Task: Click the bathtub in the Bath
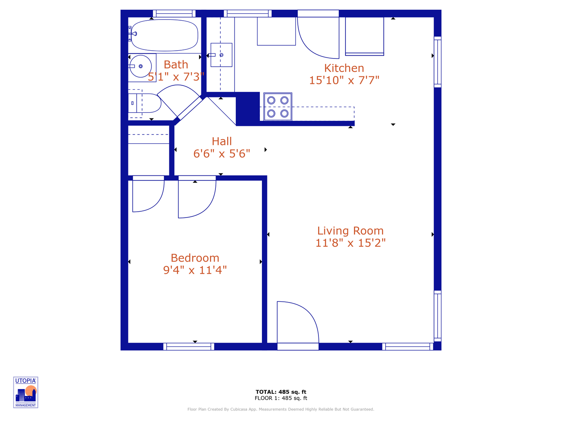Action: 164,35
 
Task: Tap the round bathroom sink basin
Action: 140,66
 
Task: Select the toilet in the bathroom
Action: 146,103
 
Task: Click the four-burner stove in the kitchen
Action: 278,106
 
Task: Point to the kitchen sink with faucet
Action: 221,55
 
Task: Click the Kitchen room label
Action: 344,68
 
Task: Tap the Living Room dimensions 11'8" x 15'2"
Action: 350,243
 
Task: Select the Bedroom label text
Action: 195,258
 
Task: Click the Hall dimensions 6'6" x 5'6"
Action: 222,154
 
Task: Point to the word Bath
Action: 176,65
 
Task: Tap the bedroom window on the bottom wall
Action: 189,347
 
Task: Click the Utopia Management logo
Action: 26,392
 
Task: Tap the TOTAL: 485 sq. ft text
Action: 281,392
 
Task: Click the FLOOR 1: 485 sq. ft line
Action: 281,398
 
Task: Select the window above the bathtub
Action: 174,13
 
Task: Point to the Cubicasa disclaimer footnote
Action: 281,409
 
